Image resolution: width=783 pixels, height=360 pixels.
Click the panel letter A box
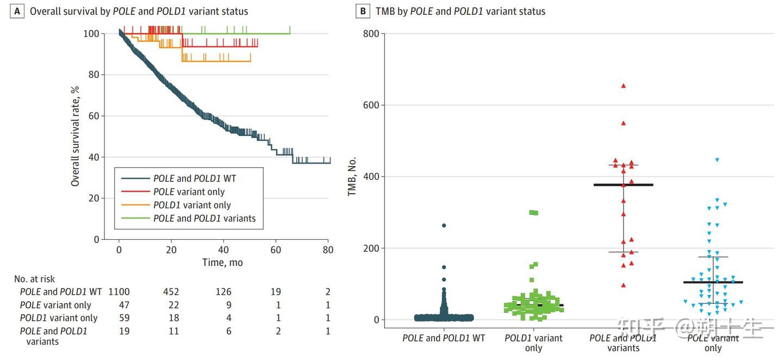(17, 11)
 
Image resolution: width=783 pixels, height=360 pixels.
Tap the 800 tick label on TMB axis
(371, 33)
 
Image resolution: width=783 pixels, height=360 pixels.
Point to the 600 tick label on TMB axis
(371, 105)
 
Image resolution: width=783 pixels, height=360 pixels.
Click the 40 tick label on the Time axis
(223, 250)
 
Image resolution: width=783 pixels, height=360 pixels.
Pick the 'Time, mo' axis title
(223, 263)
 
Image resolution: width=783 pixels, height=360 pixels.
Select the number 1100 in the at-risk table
(119, 292)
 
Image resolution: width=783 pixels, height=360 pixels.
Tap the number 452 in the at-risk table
(171, 292)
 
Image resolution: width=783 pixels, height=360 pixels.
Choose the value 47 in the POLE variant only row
(124, 305)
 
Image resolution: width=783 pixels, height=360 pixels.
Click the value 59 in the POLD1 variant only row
(124, 318)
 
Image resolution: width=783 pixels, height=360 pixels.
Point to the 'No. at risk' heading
(35, 279)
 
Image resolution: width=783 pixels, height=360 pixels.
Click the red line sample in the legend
(134, 191)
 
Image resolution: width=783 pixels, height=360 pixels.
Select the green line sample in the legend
(134, 219)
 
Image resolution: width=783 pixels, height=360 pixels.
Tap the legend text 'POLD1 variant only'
(192, 205)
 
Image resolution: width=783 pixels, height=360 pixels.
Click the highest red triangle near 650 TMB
(624, 85)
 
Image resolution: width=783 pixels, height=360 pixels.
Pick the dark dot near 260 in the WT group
(444, 225)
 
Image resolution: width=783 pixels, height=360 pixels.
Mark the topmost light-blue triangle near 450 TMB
(717, 160)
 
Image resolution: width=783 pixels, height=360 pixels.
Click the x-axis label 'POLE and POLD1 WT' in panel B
(444, 338)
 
